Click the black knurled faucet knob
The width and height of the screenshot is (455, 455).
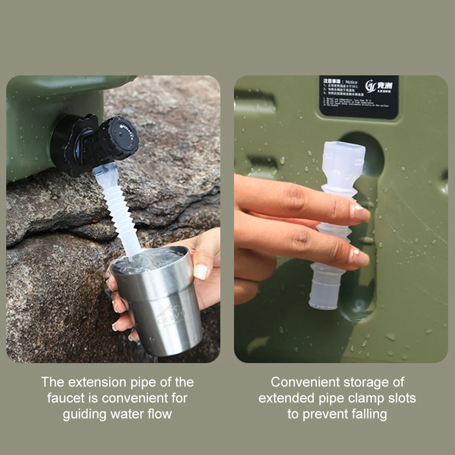click(119, 138)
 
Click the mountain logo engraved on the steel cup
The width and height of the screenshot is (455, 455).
click(170, 314)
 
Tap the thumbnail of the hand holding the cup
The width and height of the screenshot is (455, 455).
click(200, 271)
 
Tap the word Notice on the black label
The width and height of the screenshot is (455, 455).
click(351, 82)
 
